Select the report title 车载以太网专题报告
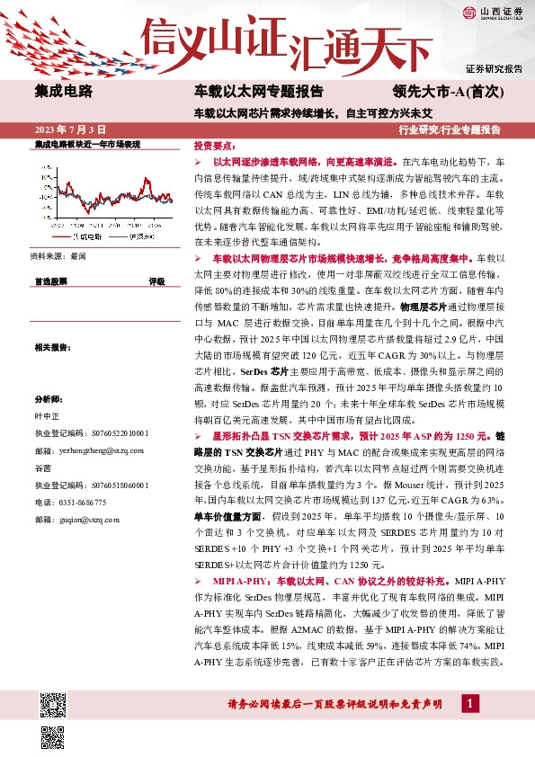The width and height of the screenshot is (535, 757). [x=259, y=91]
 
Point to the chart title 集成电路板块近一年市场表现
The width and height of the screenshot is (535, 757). [x=86, y=144]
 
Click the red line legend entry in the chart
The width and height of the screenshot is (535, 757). [x=80, y=236]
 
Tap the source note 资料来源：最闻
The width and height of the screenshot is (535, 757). [x=59, y=257]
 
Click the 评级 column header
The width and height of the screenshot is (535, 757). [x=156, y=281]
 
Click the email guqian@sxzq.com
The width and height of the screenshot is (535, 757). [x=68, y=519]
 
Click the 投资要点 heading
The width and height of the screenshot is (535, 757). [x=214, y=145]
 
